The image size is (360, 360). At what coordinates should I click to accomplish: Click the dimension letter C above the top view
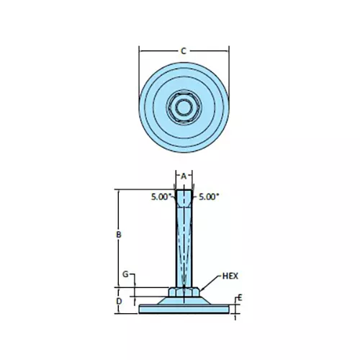coord(184,50)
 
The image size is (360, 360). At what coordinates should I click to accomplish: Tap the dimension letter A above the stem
coord(184,175)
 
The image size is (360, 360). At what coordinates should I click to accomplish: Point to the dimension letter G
coord(125,275)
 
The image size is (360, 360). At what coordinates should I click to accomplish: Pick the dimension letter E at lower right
coord(240,297)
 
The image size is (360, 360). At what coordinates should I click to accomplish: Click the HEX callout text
coord(230,276)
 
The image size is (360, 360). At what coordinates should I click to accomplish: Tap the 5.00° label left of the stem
coord(161,196)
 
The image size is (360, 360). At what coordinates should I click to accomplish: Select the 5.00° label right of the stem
coord(208,196)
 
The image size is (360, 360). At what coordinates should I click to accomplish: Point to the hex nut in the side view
coord(184,292)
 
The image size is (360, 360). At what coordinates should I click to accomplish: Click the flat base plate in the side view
coord(184,309)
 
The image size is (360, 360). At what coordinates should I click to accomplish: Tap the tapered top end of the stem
coord(184,198)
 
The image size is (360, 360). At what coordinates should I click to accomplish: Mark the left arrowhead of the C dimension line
coord(141,50)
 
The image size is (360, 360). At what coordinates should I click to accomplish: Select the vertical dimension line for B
coord(117,216)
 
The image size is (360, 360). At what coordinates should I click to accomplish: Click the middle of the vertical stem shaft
coord(184,245)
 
